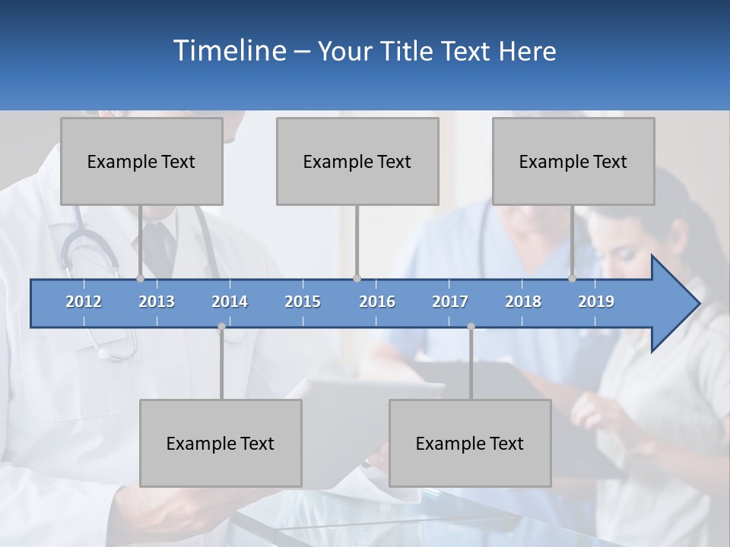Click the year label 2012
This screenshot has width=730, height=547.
pos(84,302)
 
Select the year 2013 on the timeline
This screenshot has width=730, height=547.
pos(157,302)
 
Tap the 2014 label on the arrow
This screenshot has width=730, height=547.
pos(230,302)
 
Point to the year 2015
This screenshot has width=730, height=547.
pos(303,302)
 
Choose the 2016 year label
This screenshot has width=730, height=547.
pos(377,302)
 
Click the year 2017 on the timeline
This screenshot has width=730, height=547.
pos(450,302)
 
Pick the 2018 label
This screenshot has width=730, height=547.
pos(523,302)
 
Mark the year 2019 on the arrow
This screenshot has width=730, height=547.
pos(596,302)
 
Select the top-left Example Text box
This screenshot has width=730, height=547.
pos(141,161)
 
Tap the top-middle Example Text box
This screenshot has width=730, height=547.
pos(357,161)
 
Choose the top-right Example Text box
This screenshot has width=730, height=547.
pos(573,161)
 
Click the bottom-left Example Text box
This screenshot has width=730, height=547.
pos(221,443)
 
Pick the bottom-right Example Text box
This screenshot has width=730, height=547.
pos(470,443)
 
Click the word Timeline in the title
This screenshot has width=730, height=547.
pos(228,51)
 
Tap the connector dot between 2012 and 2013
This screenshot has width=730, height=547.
pos(140,279)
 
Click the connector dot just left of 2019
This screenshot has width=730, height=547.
pos(573,279)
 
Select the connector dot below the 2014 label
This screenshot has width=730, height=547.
pos(221,327)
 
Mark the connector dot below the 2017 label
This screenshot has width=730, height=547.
pos(471,327)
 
